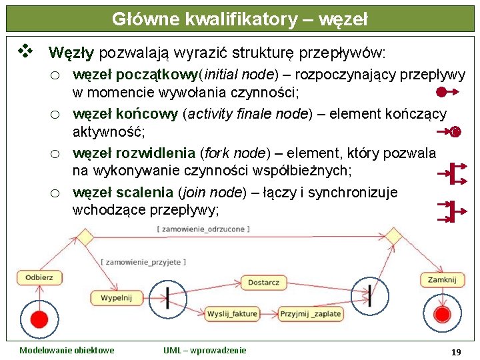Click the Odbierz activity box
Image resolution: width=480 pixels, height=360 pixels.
[x=39, y=277]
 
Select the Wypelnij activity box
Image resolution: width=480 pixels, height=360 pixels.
[x=116, y=297]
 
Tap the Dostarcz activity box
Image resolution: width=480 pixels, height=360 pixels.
[x=263, y=283]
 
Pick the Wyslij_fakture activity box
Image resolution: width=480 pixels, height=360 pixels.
[x=231, y=313]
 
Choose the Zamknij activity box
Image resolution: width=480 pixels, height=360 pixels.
[x=442, y=279]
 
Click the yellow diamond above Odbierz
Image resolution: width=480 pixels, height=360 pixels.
[x=85, y=237]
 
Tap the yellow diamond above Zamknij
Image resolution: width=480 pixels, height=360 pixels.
[x=393, y=236]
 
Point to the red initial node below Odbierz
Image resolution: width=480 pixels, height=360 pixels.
[x=39, y=319]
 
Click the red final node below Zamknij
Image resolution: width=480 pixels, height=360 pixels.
[x=442, y=315]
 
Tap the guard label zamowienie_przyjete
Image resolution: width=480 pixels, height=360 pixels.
[x=143, y=262]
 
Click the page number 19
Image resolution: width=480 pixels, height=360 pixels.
[x=456, y=351]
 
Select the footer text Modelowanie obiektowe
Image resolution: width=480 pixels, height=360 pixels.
[x=67, y=350]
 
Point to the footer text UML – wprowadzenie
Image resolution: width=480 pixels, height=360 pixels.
[x=205, y=350]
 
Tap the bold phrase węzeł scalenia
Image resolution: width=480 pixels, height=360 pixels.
[x=123, y=193]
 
